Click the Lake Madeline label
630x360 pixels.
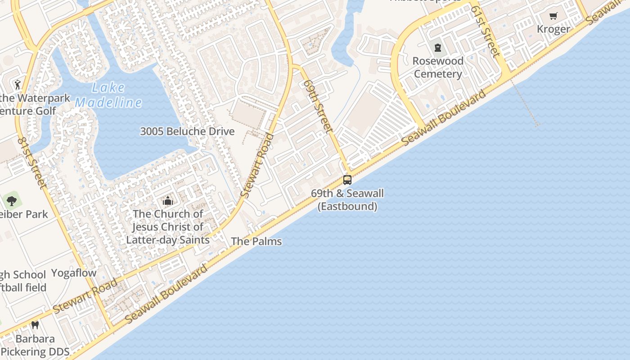(108, 95)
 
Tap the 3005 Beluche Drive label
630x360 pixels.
(187, 131)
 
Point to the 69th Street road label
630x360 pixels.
(318, 106)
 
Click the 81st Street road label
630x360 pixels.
(32, 163)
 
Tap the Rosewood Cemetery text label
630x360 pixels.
(438, 67)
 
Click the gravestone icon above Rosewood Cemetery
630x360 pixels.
(437, 48)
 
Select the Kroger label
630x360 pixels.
(553, 29)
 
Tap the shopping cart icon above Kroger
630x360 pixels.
(553, 16)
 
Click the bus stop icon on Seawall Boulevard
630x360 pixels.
(347, 180)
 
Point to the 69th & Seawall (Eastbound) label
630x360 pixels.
(347, 200)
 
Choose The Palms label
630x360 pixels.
(256, 241)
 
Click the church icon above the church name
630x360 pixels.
(168, 201)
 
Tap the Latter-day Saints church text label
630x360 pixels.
(168, 227)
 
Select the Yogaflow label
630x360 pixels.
(74, 273)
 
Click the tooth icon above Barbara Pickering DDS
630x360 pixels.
(35, 325)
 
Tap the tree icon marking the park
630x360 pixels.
(12, 201)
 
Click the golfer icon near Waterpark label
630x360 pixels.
(18, 84)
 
